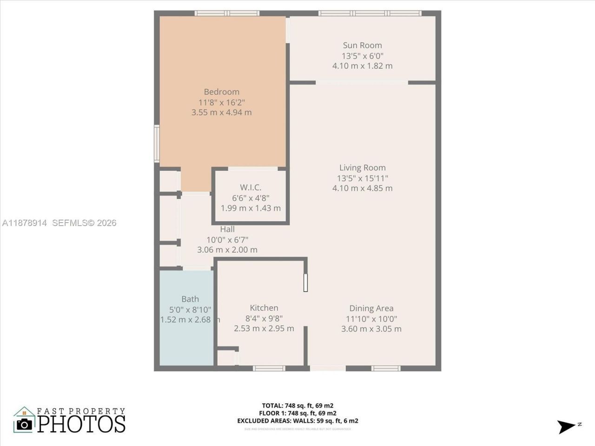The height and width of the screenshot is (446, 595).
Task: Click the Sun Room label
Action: pos(362,45)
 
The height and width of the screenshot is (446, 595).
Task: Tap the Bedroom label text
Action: pos(221,92)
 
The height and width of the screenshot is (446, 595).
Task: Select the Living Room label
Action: pos(362,168)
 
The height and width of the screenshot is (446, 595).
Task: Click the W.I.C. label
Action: pos(251,187)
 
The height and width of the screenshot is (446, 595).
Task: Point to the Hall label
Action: pos(227,229)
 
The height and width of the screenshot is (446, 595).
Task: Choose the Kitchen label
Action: pos(264,308)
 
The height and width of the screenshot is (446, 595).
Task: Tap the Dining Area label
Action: pos(371,308)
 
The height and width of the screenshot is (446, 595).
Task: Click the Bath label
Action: pos(190,299)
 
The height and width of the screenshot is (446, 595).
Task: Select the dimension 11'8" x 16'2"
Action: pos(221,102)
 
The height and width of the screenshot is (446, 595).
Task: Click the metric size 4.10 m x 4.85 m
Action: pos(362,188)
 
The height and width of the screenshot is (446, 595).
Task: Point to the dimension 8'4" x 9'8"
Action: pos(264,318)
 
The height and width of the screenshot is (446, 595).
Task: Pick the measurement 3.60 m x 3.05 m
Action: pos(371,329)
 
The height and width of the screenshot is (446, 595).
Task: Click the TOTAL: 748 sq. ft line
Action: pos(297,405)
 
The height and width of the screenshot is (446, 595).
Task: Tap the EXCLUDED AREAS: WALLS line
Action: pos(297,421)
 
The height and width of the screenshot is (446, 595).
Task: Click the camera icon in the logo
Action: pos(24,424)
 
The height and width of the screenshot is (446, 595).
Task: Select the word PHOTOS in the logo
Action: pos(81,424)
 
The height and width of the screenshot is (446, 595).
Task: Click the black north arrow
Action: pos(566,426)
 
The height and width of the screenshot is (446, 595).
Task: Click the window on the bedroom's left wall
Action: pos(157,144)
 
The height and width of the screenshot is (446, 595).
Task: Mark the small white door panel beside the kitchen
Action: pos(305,282)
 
